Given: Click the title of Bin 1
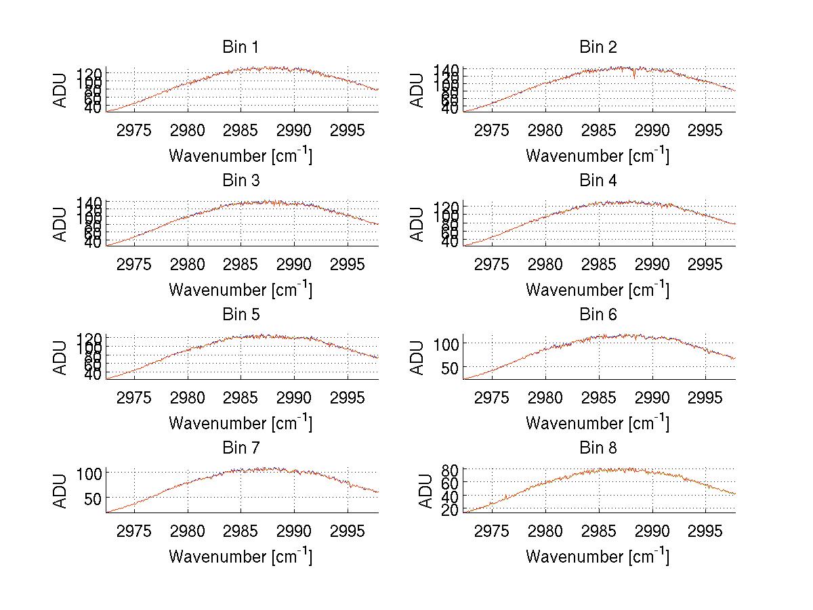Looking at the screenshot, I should (240, 47).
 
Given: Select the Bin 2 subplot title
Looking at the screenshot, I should (598, 47).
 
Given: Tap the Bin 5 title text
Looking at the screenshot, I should (240, 315).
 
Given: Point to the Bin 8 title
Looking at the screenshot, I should (598, 448).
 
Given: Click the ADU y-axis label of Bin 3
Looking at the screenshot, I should (61, 223).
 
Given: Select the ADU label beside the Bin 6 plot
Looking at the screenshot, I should (418, 357).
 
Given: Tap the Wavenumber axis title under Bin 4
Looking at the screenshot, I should (598, 289).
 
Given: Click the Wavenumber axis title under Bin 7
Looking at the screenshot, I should (240, 556).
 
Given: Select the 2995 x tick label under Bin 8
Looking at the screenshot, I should (705, 530).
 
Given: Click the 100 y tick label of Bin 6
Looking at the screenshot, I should (446, 344).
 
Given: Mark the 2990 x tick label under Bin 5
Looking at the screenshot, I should (295, 397).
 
